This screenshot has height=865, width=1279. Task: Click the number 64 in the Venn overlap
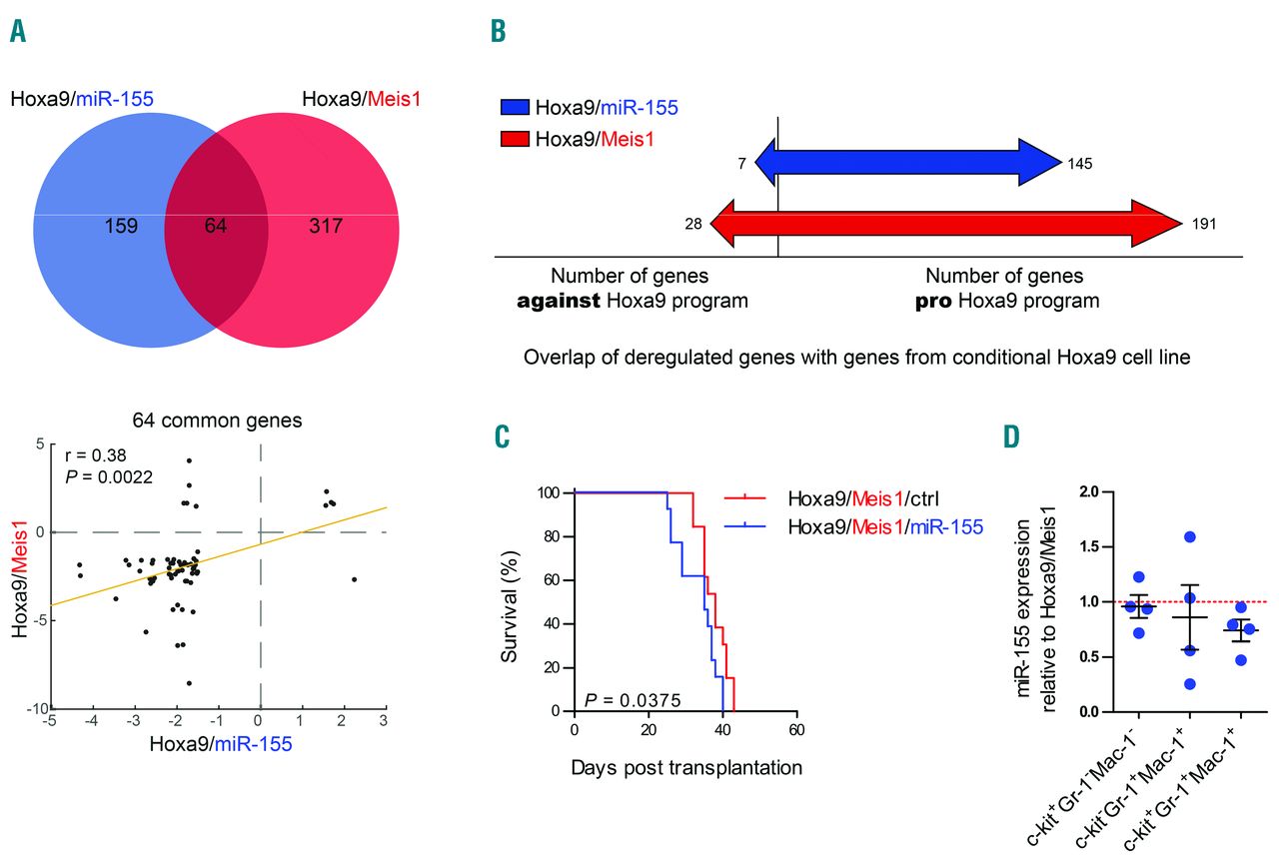tap(215, 226)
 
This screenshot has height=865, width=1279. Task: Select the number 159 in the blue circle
tap(121, 226)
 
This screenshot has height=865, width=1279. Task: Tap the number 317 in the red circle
tap(326, 226)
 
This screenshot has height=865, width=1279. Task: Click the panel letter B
tap(498, 33)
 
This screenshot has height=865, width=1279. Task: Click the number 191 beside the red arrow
tap(1203, 224)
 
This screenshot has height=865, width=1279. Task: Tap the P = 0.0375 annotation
tap(633, 700)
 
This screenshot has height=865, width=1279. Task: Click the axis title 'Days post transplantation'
tap(686, 767)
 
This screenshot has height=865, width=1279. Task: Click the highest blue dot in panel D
tap(1189, 537)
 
